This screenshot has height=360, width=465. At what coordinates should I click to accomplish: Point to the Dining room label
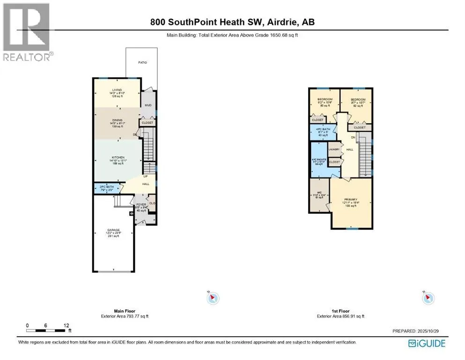(117, 123)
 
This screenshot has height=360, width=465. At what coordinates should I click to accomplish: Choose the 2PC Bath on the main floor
(107, 188)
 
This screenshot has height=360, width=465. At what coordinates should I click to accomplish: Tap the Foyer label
(141, 205)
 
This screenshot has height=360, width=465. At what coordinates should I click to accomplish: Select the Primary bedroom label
(351, 203)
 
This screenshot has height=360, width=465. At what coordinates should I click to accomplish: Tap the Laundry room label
(334, 150)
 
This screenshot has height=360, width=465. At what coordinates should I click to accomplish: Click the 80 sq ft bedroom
(325, 102)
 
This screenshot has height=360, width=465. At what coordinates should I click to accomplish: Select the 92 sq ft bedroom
(356, 103)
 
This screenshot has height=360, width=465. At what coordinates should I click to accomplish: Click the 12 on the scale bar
(66, 325)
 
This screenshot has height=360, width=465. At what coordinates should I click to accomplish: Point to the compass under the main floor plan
(213, 298)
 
